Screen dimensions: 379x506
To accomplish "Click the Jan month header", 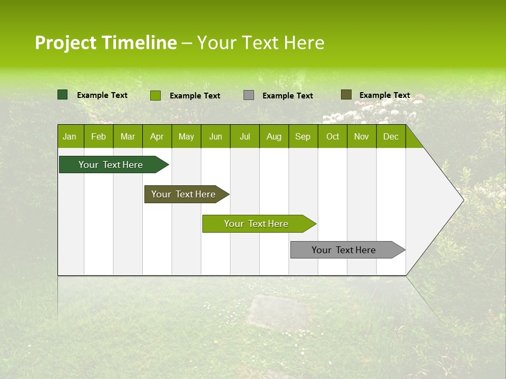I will (70, 137).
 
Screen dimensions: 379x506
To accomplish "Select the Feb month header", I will (99, 137).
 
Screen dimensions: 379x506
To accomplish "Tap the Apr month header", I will (157, 137).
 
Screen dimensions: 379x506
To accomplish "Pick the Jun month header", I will (216, 137).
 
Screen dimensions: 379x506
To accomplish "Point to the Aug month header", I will (274, 137).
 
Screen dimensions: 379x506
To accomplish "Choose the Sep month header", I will (303, 137).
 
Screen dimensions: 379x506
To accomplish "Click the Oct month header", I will (333, 137).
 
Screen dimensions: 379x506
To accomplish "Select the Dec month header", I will (391, 137).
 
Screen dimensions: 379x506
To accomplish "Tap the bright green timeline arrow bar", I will (257, 224).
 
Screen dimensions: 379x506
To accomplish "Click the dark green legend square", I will (63, 95).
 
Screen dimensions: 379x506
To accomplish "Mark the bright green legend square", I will (155, 95).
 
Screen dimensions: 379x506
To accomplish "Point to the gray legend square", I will (249, 95).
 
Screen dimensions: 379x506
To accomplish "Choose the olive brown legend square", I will (346, 95).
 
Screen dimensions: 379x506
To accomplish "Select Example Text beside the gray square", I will (287, 96).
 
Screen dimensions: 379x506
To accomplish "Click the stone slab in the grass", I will (278, 311).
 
